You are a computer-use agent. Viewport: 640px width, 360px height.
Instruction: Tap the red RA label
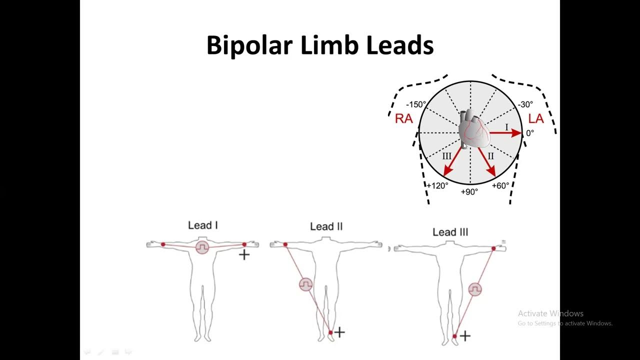[x=403, y=119]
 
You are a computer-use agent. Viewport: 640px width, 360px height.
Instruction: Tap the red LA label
[x=535, y=119]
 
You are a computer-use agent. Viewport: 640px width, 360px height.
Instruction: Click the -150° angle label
[x=416, y=105]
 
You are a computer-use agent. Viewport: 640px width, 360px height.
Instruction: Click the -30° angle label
[x=525, y=104]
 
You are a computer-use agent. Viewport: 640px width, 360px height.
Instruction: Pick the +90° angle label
[x=469, y=192]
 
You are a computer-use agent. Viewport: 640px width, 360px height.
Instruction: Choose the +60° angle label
[x=500, y=186]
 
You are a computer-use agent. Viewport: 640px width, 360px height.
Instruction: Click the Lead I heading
[x=202, y=225]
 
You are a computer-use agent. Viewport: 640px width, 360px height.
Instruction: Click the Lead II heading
[x=326, y=227]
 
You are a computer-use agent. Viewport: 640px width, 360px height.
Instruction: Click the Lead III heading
[x=450, y=232]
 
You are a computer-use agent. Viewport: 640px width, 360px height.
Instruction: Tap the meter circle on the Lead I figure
[x=202, y=247]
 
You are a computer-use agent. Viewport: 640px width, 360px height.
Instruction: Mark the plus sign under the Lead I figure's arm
[x=244, y=255]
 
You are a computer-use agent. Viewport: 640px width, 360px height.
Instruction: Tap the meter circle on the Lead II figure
[x=305, y=284]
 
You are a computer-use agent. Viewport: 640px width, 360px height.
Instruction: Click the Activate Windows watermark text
[x=550, y=313]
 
